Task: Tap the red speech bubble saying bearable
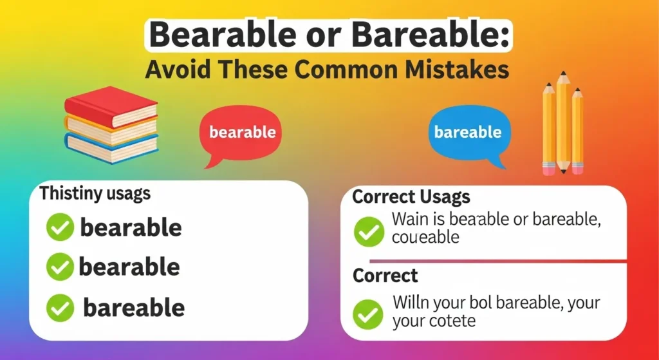(242, 133)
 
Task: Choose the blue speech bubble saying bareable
(467, 133)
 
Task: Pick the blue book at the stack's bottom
(111, 148)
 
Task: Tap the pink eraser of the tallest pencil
(564, 168)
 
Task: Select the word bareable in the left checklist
(134, 308)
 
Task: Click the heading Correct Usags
(411, 197)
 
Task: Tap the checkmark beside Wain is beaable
(369, 231)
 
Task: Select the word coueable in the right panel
(425, 237)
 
